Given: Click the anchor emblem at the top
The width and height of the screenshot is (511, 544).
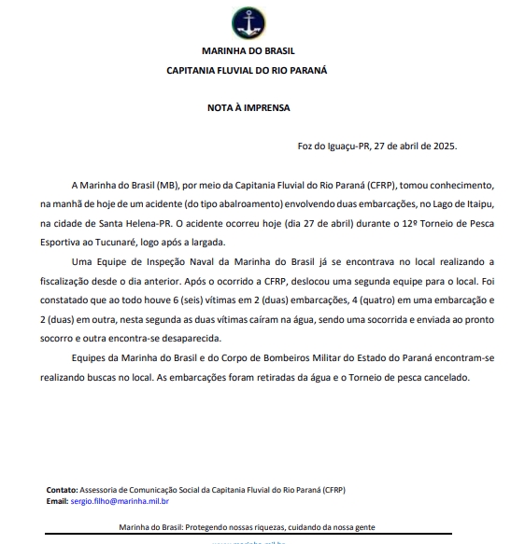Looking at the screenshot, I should pos(248,21).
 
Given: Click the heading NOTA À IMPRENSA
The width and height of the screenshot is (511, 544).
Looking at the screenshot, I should pos(248,107).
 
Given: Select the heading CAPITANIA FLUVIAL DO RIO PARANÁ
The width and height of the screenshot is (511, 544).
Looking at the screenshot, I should pos(248,69).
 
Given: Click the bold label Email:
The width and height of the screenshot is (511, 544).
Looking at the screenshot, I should pos(57,502).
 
